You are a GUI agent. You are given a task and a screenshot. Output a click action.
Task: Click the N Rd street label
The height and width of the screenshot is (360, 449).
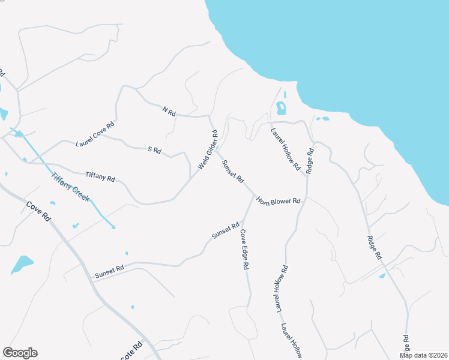click(x=169, y=112)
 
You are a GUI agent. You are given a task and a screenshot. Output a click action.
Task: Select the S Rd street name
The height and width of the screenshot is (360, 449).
click(x=154, y=150)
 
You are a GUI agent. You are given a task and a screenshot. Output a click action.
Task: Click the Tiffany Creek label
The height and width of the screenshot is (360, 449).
click(x=70, y=187)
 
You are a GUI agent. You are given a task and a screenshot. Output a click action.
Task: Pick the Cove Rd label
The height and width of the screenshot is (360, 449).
click(x=39, y=212)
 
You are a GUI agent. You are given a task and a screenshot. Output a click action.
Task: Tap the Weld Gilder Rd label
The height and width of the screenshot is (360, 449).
click(x=207, y=149)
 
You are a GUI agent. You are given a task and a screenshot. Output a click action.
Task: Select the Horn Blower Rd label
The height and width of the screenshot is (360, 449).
click(x=278, y=200)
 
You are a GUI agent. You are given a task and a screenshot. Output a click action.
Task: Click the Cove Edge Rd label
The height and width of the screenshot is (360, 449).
click(x=244, y=249)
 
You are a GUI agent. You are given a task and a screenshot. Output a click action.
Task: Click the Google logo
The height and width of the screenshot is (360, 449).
click(x=20, y=353)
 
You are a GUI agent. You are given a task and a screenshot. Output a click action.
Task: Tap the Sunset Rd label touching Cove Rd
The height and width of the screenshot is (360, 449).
click(x=109, y=272)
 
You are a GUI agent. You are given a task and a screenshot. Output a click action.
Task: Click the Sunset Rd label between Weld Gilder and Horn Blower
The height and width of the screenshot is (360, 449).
click(x=233, y=171)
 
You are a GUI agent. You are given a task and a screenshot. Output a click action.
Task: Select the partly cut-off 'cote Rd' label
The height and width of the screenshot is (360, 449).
click(x=132, y=351)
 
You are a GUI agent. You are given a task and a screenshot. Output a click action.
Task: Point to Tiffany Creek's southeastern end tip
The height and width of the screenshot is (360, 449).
click(x=113, y=227)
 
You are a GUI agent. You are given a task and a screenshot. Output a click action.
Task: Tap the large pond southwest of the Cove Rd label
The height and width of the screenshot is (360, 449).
click(x=22, y=264)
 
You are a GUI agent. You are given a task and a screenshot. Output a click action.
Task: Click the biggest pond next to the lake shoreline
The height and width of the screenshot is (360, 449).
click(x=281, y=109)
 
